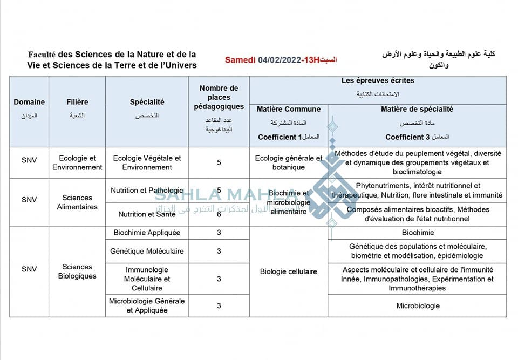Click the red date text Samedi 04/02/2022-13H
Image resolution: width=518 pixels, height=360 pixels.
[x=272, y=60]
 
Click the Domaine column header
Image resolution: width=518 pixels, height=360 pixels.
[x=29, y=102]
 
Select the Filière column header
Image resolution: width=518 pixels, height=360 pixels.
[x=77, y=102]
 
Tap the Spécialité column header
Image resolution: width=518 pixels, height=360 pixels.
[x=147, y=102]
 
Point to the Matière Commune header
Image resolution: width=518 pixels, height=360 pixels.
[x=288, y=109]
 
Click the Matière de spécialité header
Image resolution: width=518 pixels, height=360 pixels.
[x=417, y=109]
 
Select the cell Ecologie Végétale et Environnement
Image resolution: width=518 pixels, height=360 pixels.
[x=147, y=162]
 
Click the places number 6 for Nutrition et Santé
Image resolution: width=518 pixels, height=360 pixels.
[x=219, y=214]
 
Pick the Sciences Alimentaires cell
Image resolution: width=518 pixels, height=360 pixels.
[x=77, y=202]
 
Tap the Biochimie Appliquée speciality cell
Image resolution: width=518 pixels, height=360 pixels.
[x=147, y=233]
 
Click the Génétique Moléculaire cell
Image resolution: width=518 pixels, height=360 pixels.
[x=147, y=251]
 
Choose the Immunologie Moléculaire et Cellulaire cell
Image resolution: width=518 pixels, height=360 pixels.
[x=147, y=279]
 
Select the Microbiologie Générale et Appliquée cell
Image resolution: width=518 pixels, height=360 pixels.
[x=147, y=305]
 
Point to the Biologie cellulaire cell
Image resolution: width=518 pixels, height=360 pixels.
[x=288, y=271]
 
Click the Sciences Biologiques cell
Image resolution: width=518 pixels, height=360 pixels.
[x=77, y=271]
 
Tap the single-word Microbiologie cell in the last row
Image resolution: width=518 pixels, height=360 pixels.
[x=418, y=306]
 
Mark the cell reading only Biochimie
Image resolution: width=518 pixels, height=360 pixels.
[x=418, y=233]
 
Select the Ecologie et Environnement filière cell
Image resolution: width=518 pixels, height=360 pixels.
[x=77, y=162]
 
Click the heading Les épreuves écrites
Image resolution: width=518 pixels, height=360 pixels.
[x=378, y=80]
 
